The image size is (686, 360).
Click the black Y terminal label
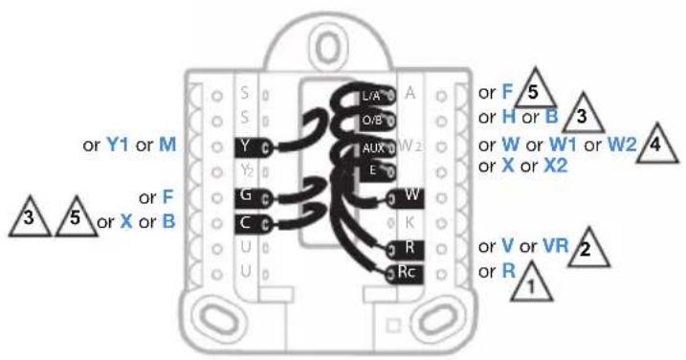click(253, 147)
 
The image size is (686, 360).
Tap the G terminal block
click(253, 197)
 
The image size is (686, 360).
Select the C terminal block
click(253, 223)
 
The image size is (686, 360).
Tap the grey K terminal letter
click(409, 223)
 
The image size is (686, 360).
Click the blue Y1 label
click(118, 145)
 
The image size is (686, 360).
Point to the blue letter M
click(167, 145)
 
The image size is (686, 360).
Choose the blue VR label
click(556, 246)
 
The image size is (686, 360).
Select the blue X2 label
click(556, 166)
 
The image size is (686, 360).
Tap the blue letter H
click(509, 117)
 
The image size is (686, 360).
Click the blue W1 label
click(563, 145)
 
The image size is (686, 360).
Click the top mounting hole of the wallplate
click(328, 47)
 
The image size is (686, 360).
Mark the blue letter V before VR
click(507, 246)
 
